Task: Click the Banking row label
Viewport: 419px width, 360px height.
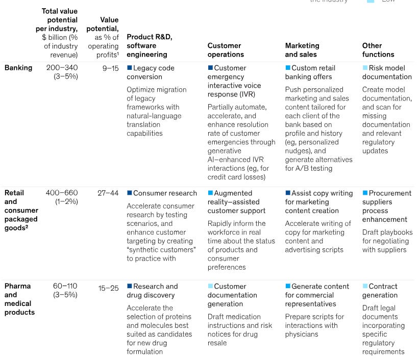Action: point(18,68)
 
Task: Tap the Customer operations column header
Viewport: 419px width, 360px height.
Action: point(226,50)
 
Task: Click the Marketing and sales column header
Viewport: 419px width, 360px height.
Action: point(302,50)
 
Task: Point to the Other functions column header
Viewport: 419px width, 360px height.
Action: point(378,50)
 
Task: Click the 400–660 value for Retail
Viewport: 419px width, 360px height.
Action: point(62,193)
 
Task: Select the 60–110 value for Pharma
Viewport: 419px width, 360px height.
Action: point(65,286)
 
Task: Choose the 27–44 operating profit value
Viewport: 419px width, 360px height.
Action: point(108,193)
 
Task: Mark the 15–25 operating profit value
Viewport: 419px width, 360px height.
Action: point(108,288)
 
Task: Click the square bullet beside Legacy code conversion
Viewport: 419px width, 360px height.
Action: point(130,68)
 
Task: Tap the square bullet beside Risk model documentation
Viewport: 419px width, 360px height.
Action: point(365,68)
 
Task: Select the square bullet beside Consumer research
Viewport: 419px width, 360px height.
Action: point(130,193)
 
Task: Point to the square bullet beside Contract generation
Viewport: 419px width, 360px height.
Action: point(365,287)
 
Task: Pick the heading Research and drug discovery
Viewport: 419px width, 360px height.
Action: point(153,291)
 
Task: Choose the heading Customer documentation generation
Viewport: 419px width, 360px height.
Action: point(232,295)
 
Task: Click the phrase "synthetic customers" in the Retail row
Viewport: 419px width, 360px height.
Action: point(161,250)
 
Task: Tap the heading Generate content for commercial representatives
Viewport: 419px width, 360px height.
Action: point(317,295)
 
